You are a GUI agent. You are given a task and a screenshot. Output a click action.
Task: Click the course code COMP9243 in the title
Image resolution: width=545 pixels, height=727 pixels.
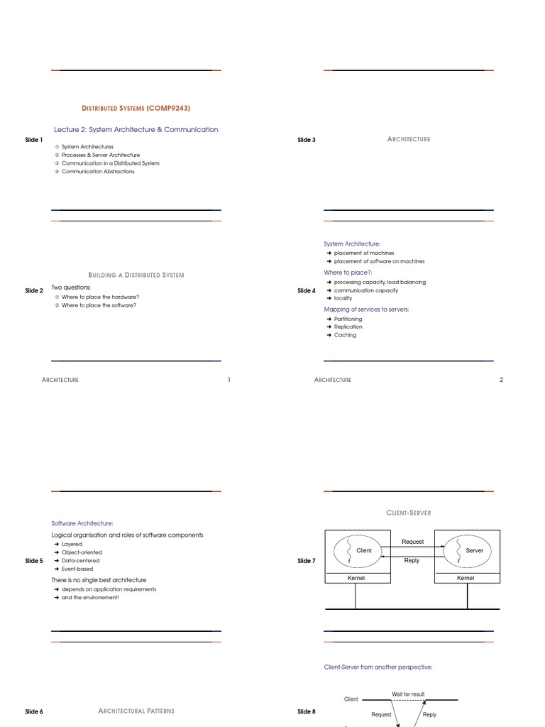(x=169, y=108)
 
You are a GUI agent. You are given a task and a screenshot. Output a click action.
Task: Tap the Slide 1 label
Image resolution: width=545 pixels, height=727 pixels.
(x=34, y=140)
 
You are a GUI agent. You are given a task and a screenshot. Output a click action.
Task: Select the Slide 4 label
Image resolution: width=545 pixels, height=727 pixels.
(x=307, y=290)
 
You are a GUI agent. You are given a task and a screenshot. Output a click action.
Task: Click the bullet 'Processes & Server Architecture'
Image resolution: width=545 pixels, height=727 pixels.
(x=101, y=155)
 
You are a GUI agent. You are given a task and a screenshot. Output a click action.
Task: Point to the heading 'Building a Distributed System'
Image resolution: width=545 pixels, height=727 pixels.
(x=136, y=275)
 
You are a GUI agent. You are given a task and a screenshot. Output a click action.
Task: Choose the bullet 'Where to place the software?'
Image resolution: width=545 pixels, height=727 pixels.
(x=99, y=305)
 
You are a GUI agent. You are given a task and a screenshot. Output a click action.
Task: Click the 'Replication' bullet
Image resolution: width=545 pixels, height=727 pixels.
(x=348, y=327)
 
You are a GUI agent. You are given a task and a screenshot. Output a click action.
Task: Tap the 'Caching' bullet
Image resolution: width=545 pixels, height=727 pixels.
(x=345, y=335)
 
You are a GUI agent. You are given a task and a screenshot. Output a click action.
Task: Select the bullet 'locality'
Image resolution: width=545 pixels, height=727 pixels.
(x=343, y=298)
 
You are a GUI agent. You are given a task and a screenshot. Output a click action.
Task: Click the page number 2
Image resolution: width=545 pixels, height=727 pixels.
(x=501, y=380)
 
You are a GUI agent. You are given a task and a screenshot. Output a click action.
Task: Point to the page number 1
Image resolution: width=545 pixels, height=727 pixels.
(x=229, y=380)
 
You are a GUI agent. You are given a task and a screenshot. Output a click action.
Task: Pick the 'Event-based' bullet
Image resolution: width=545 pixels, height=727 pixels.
(x=77, y=569)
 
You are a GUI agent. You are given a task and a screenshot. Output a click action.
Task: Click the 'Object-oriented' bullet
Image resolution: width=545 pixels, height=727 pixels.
(x=82, y=552)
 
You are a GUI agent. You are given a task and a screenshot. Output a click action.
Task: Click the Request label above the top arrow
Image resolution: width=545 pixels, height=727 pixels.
(x=412, y=542)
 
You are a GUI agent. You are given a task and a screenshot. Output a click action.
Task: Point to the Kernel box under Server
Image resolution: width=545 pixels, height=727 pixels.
(x=466, y=579)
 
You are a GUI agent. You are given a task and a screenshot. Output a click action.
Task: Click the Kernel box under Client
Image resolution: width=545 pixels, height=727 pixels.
(x=356, y=579)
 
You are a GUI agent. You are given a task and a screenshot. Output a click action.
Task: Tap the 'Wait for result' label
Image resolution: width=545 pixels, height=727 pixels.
(x=408, y=694)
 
